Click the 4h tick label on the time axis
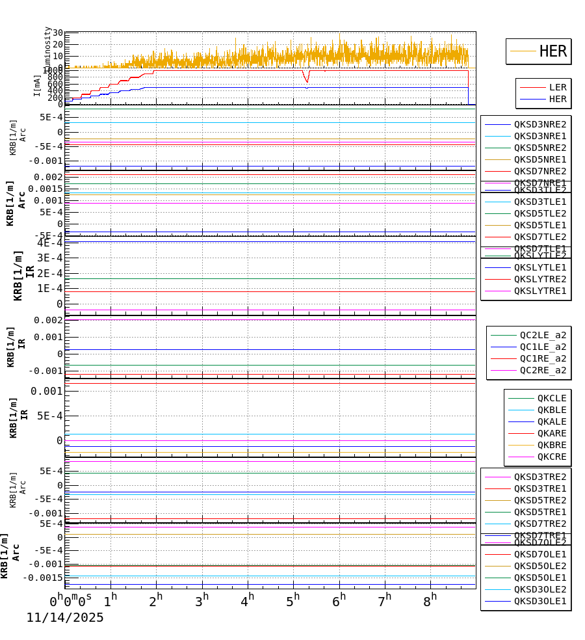click(x=247, y=601)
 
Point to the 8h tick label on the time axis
click(x=430, y=601)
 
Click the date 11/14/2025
click(x=65, y=618)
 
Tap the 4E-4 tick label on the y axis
click(x=50, y=243)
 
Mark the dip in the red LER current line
click(x=307, y=80)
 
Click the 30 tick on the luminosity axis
click(x=57, y=33)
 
